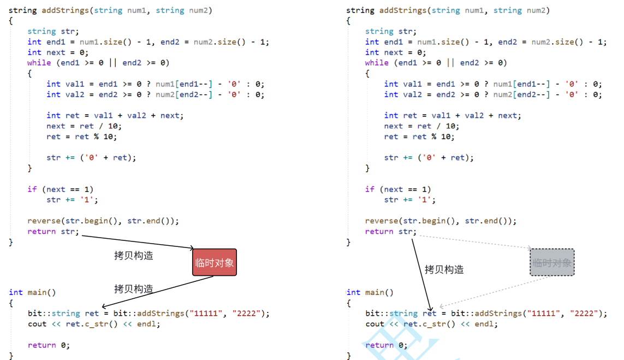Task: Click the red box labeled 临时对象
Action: coord(215,263)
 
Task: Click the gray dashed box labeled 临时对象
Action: coord(552,262)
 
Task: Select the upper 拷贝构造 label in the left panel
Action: coord(133,255)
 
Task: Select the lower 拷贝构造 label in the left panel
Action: coord(133,288)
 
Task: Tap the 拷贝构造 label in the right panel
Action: coord(444,269)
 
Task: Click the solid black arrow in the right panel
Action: coord(421,273)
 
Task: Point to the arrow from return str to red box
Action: coord(136,242)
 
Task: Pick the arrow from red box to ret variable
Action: coord(158,291)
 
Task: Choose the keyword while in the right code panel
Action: coord(377,63)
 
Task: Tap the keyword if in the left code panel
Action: coord(32,189)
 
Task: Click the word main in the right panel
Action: coord(374,292)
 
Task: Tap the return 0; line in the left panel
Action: coord(49,345)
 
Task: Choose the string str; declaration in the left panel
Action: coord(53,31)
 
